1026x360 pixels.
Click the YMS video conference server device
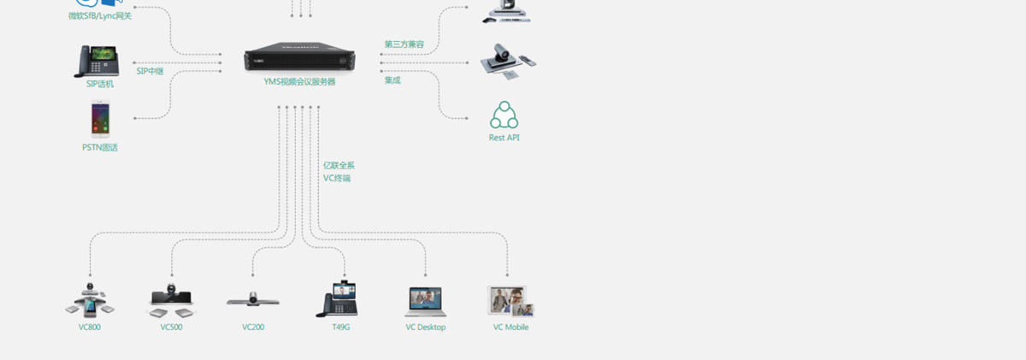coord(299,56)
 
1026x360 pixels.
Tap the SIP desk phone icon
coord(97,61)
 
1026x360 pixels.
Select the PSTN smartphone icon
coord(100,119)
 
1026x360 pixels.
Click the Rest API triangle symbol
coord(504,115)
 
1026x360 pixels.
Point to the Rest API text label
coord(504,138)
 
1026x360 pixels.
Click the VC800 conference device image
coord(90,300)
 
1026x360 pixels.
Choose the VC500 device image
coord(171,300)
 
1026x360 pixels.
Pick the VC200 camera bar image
coord(253,299)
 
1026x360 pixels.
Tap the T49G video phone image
coord(338,298)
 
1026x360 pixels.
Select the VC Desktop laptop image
coord(426,302)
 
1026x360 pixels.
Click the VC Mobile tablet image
coord(510,301)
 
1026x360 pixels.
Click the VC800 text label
coord(90,327)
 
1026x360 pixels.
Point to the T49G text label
coord(341,327)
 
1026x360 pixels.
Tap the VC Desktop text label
coord(426,327)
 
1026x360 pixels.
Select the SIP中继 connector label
coord(150,71)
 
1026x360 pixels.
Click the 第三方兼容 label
coord(404,44)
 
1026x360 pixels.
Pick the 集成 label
coord(392,80)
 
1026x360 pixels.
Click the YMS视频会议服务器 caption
coord(299,81)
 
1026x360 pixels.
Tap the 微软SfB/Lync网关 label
coord(100,16)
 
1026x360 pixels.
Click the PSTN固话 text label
coord(100,147)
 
